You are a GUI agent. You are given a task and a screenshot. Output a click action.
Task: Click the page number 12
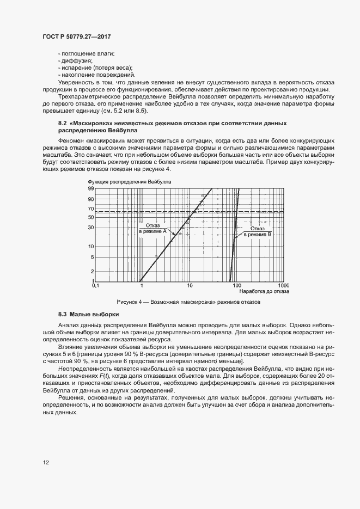pyautogui.click(x=46, y=463)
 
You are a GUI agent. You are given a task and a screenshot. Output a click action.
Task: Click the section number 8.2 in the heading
pyautogui.click(x=62, y=124)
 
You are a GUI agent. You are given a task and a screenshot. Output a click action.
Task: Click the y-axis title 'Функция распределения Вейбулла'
pyautogui.click(x=129, y=180)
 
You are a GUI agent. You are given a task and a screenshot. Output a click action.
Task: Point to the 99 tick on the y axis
pyautogui.click(x=91, y=188)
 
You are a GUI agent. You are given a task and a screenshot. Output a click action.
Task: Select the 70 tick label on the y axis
pyautogui.click(x=91, y=209)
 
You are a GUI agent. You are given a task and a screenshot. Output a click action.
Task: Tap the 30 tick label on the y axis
pyautogui.click(x=91, y=227)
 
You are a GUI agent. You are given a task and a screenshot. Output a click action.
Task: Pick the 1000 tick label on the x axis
pyautogui.click(x=283, y=285)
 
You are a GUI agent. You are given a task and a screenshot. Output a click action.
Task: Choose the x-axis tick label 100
pyautogui.click(x=236, y=285)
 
